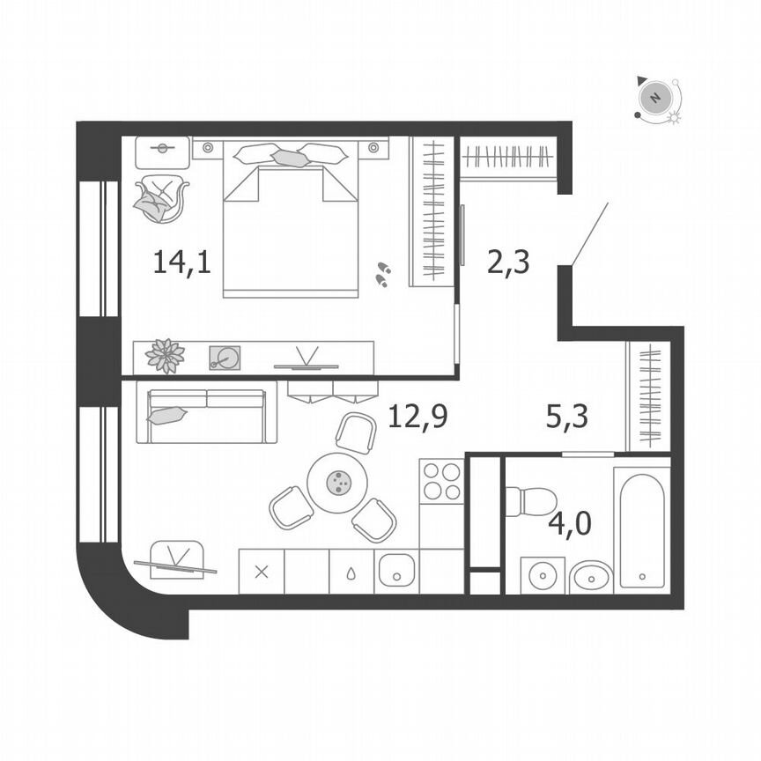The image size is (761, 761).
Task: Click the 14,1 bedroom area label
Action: [181, 262]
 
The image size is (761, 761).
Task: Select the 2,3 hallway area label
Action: [508, 262]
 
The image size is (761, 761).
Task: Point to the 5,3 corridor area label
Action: [567, 415]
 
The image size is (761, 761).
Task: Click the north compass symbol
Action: [655, 97]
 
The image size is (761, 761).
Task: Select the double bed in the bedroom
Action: [291, 225]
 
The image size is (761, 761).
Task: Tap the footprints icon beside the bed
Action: [383, 274]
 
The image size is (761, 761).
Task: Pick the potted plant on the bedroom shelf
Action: [165, 356]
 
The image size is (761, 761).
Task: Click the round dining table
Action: [337, 482]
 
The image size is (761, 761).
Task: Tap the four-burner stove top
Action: [440, 481]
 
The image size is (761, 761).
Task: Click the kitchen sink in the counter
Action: [396, 572]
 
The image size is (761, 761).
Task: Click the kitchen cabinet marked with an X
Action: [261, 572]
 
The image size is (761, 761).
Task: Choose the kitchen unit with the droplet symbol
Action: [351, 572]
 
